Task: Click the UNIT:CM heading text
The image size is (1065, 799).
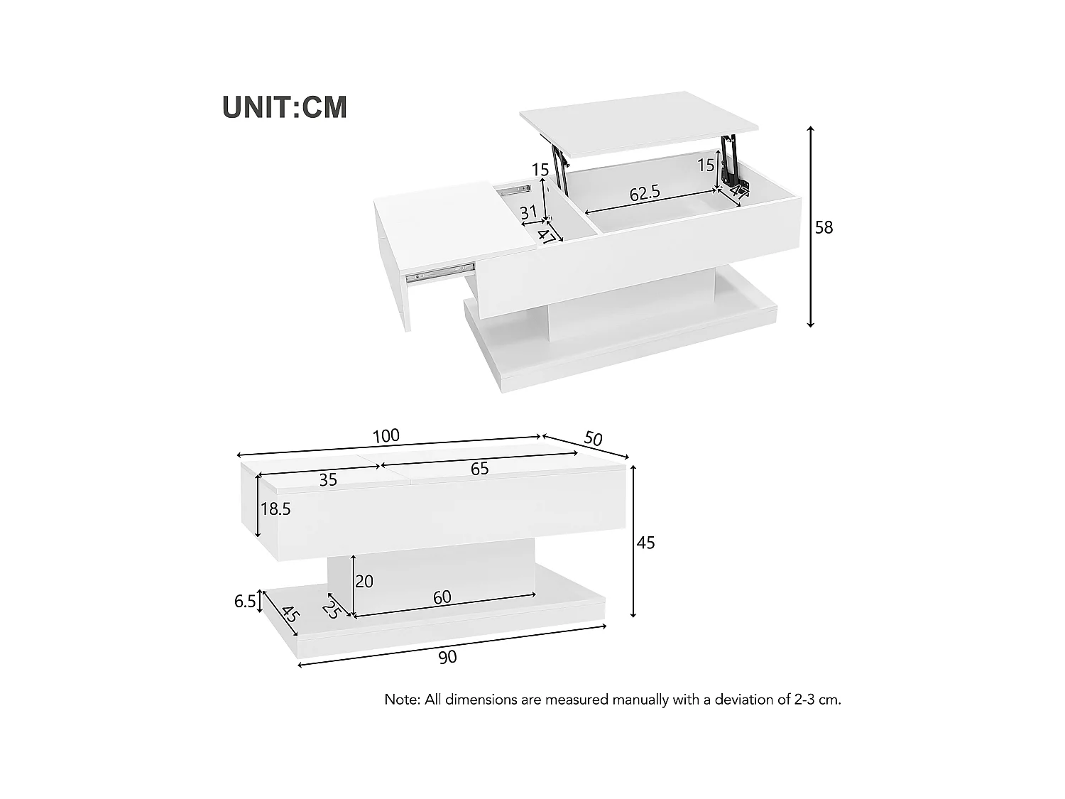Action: (285, 107)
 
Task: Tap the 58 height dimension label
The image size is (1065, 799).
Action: (824, 227)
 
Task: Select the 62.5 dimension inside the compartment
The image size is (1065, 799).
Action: (645, 192)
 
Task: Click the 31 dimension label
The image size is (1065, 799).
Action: (528, 212)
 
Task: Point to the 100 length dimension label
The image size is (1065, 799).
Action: (386, 435)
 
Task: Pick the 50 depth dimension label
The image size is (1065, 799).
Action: (593, 438)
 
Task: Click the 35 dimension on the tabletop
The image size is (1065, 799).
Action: (327, 480)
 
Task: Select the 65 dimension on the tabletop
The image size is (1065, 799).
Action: (479, 469)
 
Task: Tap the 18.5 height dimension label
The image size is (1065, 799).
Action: (275, 509)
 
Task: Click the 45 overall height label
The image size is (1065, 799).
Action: (645, 543)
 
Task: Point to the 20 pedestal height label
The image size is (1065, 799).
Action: (364, 582)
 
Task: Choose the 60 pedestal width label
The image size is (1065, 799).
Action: (442, 597)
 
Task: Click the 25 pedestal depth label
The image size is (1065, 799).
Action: (331, 609)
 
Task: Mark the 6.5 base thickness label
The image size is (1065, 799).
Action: (245, 602)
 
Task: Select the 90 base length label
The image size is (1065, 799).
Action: (447, 657)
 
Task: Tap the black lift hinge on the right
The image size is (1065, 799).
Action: (729, 160)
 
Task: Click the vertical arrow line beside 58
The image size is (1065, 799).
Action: (811, 227)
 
